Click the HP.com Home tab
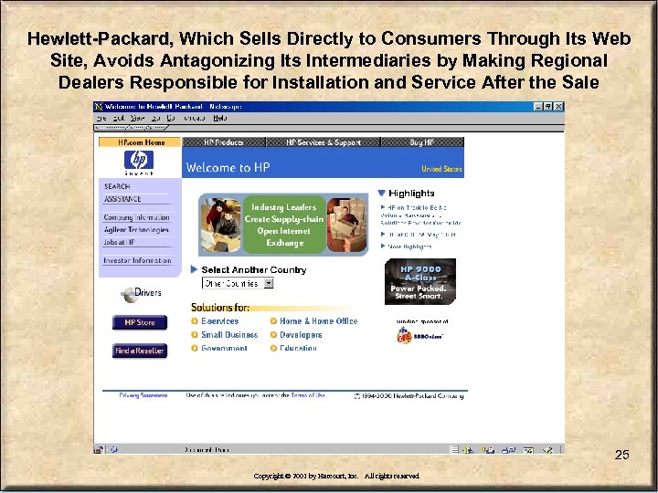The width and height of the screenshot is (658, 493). point(141,142)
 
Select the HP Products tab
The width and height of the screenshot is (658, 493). point(223,142)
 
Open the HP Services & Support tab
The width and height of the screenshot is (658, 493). point(324,142)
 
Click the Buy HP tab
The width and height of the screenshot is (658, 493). point(422,142)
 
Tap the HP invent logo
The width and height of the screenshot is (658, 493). point(139,162)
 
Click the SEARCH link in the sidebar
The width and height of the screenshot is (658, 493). point(117,186)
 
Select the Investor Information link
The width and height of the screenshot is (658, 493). point(137,261)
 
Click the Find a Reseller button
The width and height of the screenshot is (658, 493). point(140,351)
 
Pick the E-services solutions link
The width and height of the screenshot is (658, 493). point(219,321)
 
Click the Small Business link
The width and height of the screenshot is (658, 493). point(228,335)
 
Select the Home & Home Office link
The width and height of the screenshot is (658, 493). point(318,321)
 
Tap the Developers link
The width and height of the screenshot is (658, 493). point(301,335)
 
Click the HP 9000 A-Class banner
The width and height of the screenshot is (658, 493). point(419,282)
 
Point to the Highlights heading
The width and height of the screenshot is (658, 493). point(411,194)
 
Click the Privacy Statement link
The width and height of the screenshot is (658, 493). point(143,395)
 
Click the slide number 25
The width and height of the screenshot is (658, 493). point(621,455)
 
